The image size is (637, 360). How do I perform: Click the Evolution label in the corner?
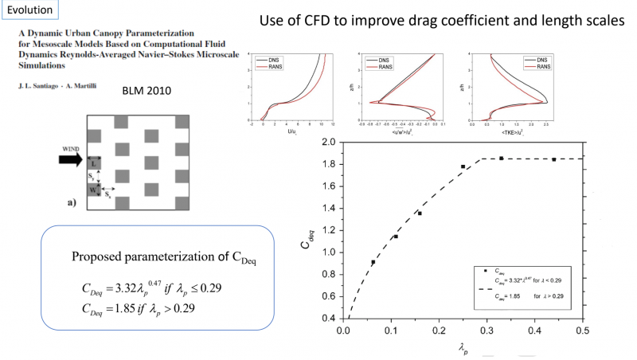click(28, 10)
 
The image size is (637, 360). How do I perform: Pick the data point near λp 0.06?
click(373, 262)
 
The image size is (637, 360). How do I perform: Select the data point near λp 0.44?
click(554, 159)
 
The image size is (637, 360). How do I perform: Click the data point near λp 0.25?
click(463, 166)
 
